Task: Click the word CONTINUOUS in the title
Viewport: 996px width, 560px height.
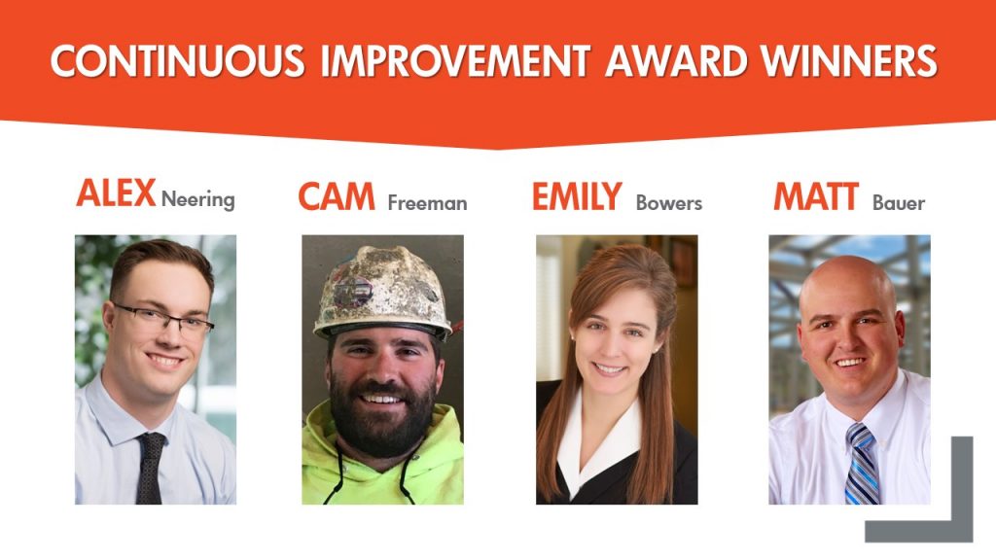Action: coord(178,61)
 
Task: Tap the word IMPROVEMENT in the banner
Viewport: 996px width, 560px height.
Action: coord(455,61)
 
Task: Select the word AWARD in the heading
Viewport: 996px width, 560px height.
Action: coord(676,61)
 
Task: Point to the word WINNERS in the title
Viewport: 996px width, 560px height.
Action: coord(849,61)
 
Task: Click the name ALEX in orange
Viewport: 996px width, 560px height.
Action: coord(116,193)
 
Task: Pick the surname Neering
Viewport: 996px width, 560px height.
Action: coord(198,200)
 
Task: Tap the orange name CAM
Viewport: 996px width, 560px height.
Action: coord(337,196)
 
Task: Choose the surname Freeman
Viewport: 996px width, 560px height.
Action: coord(428,203)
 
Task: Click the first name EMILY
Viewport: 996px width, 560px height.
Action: coord(577,196)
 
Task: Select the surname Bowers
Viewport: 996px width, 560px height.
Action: coord(669,203)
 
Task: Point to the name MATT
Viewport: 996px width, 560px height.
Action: coord(816,196)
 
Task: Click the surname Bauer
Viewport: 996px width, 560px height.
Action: coord(899,203)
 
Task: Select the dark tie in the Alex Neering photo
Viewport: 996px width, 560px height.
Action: coord(150,468)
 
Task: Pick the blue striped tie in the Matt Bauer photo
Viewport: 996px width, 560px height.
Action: coord(862,464)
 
